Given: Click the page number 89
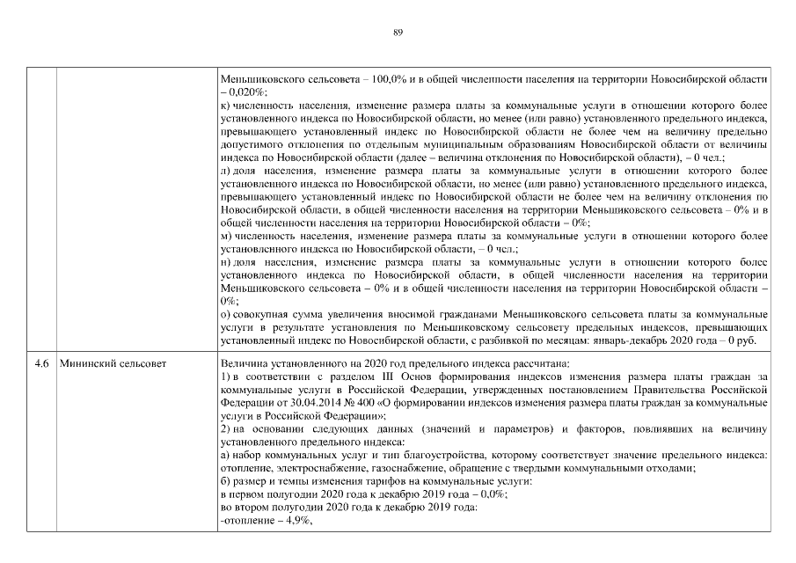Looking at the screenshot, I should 398,33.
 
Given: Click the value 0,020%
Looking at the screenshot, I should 246,91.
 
